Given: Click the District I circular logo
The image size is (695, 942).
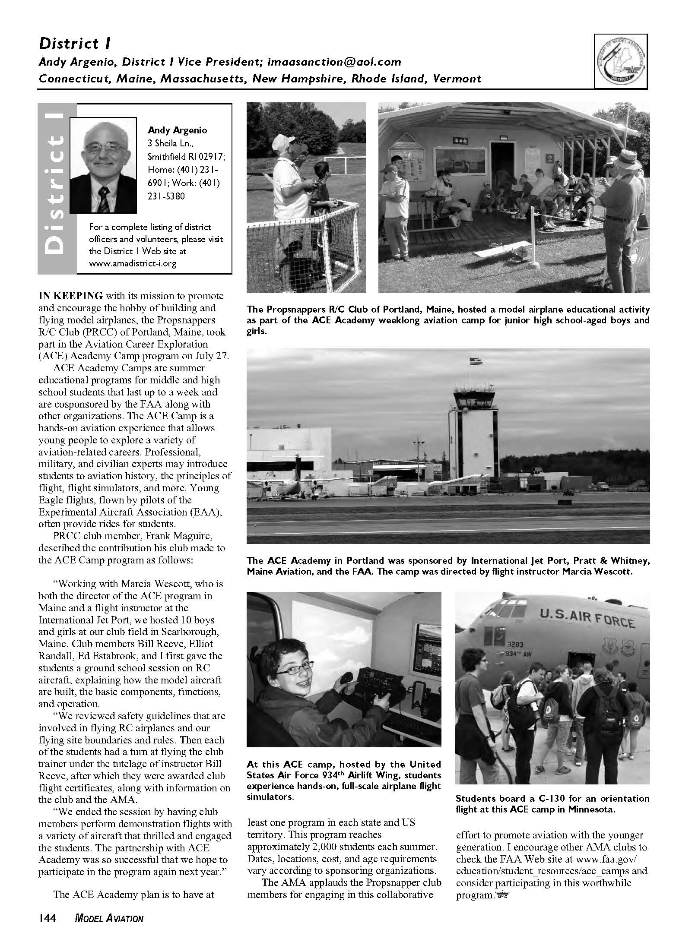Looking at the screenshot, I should pyautogui.click(x=620, y=61).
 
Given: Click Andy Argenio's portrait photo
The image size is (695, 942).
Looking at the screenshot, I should pyautogui.click(x=103, y=165).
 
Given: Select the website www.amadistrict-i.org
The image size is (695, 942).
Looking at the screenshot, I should pyautogui.click(x=133, y=263).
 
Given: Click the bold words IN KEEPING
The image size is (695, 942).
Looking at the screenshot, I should pyautogui.click(x=71, y=296).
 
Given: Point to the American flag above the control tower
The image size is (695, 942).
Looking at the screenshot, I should pyautogui.click(x=476, y=361).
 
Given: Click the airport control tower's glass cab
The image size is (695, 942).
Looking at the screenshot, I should pyautogui.click(x=475, y=396).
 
